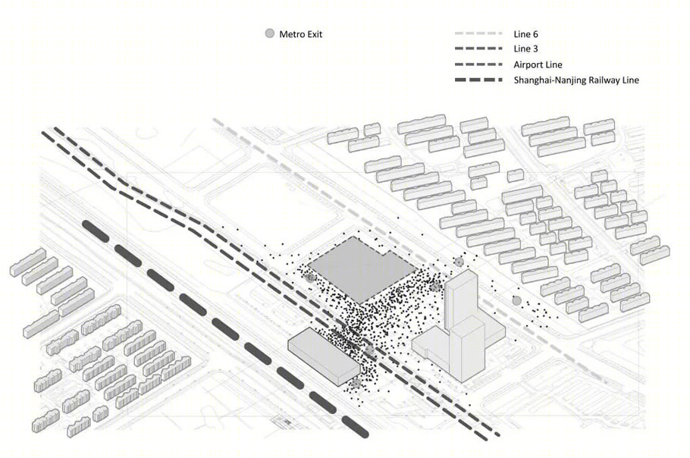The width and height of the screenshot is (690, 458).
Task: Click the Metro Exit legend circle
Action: point(270,33)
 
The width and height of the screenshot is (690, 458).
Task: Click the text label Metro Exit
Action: point(301,34)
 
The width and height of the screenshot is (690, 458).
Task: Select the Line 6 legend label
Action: point(526,34)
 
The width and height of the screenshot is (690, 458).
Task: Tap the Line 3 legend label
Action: point(526,49)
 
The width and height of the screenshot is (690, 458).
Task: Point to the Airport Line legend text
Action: point(538,64)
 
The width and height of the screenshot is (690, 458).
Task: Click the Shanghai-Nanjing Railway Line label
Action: point(576,80)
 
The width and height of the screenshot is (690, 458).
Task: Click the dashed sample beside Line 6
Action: point(478,33)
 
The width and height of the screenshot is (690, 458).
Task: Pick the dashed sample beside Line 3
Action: point(478,49)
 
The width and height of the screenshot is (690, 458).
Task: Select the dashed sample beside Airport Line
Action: point(478,64)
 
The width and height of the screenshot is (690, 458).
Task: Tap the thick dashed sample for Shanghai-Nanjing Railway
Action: point(478,80)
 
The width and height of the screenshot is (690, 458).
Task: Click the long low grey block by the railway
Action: point(325,356)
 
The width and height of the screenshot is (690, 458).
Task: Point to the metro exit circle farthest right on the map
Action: point(516,301)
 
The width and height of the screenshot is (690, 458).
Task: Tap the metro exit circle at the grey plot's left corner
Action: point(310,278)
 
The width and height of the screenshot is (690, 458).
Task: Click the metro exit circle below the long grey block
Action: point(356,383)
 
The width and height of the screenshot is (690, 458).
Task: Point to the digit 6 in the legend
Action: point(535,34)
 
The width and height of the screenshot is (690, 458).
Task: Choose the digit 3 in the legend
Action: point(535,49)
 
